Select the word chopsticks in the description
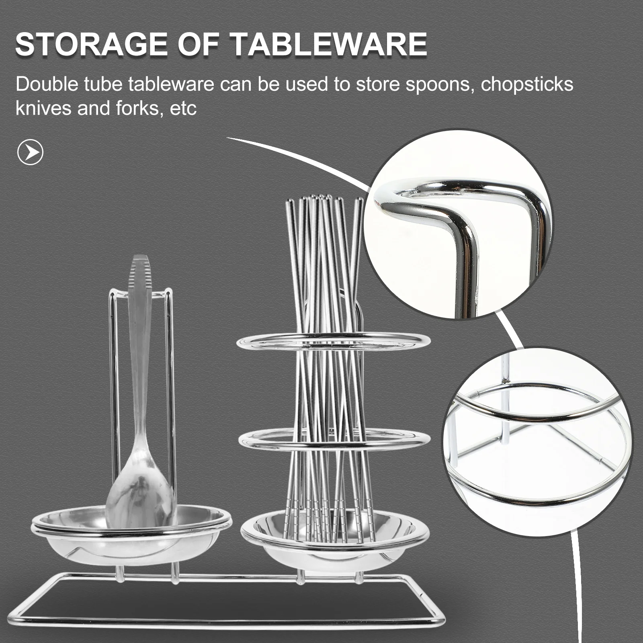(527, 85)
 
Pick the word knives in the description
(43, 109)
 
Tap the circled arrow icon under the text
(31, 152)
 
